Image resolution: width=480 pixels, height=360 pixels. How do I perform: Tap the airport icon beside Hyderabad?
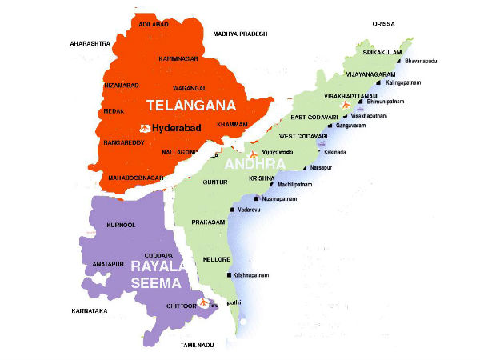coord(146,128)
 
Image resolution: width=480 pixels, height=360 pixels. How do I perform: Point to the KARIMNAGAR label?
coord(179,58)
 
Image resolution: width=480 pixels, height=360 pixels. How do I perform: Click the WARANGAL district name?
coord(189,87)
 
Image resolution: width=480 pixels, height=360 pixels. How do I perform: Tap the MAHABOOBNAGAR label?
coord(134,177)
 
